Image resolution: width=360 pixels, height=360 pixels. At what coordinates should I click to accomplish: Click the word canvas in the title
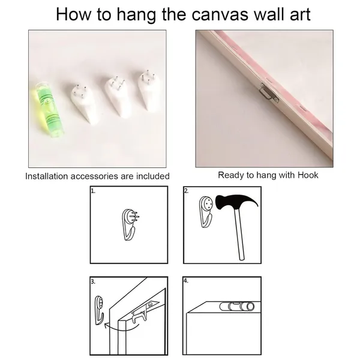point(220,14)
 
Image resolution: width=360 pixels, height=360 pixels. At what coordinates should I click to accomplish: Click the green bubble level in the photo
point(47,109)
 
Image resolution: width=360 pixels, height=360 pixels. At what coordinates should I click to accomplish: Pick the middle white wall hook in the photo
point(116,97)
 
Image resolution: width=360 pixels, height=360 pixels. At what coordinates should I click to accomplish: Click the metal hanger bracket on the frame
point(269,93)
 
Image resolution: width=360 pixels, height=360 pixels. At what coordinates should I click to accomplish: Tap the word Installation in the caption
point(47,176)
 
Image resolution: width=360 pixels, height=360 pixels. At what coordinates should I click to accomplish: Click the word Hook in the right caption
point(308,175)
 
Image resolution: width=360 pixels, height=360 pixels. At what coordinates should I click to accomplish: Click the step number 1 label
point(93,191)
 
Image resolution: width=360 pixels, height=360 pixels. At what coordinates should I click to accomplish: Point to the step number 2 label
point(186,191)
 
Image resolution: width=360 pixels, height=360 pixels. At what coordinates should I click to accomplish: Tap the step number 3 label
point(93,281)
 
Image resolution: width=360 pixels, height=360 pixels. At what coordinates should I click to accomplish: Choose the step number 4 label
point(186,281)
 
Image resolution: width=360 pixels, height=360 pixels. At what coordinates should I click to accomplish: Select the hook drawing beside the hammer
point(206,211)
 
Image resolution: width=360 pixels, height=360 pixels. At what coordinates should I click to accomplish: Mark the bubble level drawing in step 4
point(237,306)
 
